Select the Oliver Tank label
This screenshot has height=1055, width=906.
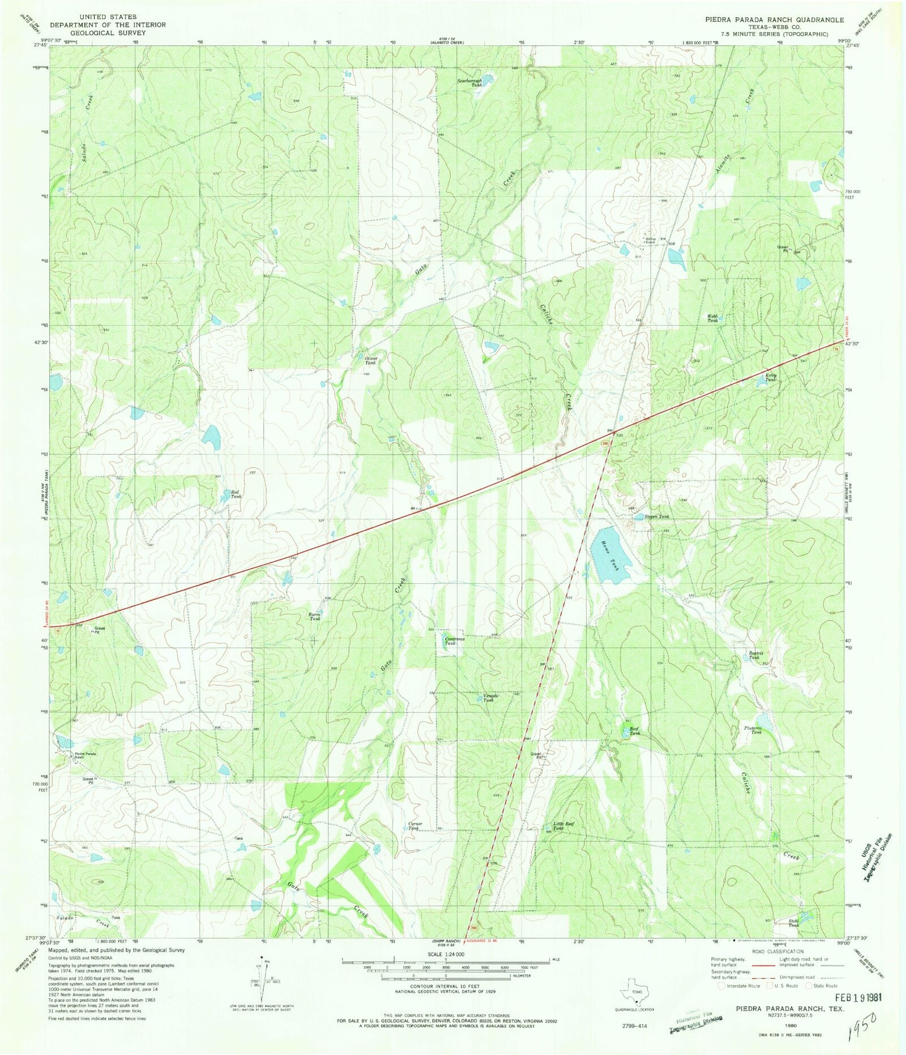point(370,361)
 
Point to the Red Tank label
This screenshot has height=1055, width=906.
point(236,494)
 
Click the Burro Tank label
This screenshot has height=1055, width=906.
point(315,616)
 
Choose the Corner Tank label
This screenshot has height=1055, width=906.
point(414,826)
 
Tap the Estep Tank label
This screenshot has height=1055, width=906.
point(771,377)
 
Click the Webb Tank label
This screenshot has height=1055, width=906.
point(712,318)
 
